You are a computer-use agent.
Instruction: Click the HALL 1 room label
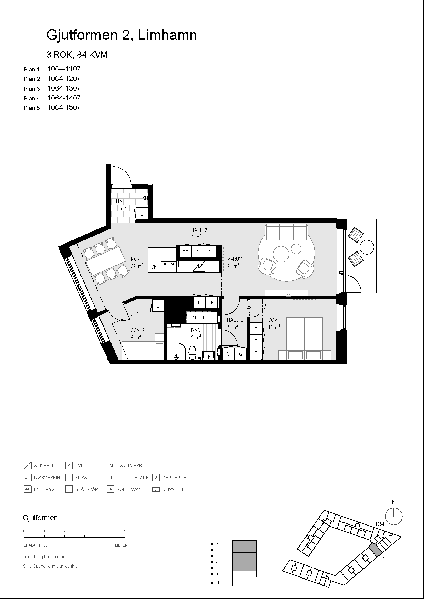124,201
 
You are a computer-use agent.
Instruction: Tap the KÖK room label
135,259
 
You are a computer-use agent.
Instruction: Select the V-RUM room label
235,259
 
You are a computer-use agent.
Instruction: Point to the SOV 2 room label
138,330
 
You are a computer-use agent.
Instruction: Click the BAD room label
196,330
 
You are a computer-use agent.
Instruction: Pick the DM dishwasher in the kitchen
154,267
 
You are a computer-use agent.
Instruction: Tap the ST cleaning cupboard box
185,252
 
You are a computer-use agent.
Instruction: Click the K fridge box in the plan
199,303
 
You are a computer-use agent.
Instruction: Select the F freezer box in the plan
212,303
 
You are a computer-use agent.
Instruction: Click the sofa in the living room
286,232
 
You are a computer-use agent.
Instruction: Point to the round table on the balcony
367,247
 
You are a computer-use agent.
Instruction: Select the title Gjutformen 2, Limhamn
122,35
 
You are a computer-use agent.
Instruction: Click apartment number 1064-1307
64,88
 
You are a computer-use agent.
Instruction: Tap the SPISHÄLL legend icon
27,465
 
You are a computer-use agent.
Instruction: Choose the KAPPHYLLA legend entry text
175,490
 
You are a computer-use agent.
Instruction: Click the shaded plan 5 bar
244,544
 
